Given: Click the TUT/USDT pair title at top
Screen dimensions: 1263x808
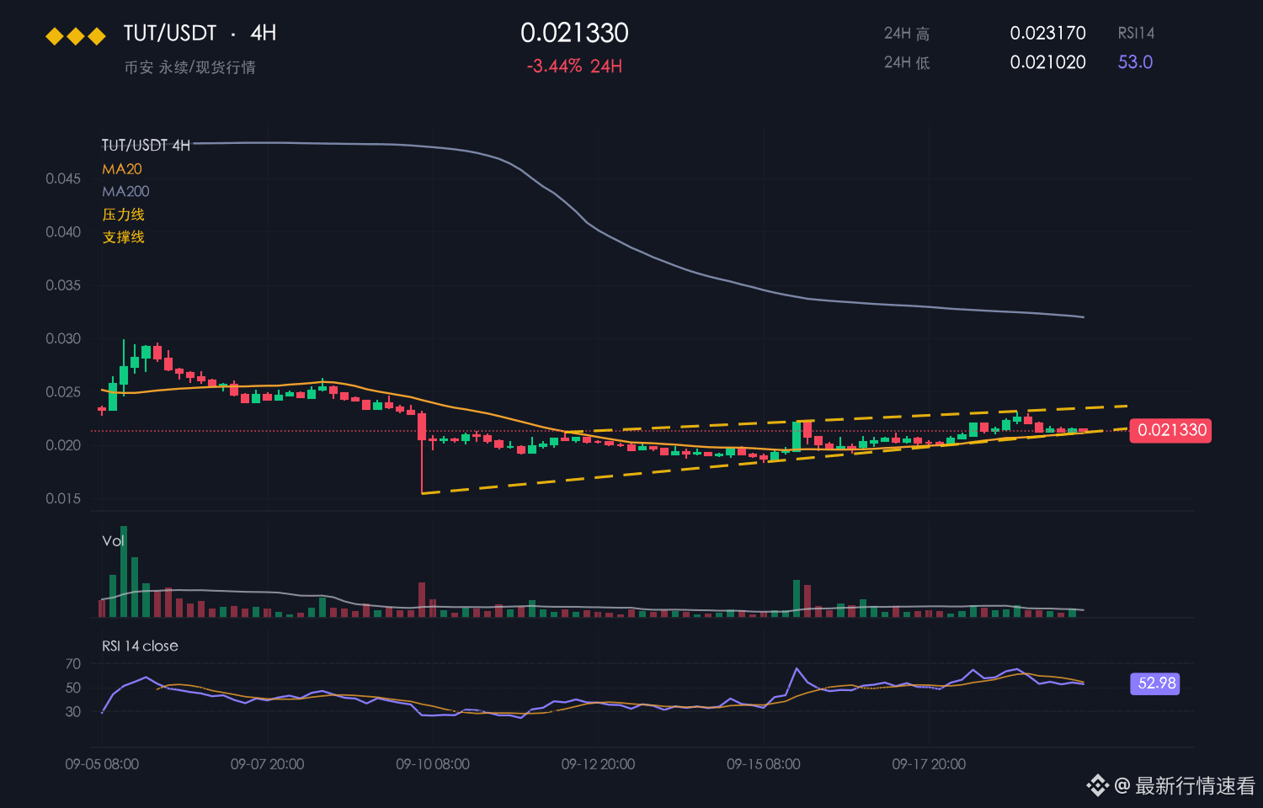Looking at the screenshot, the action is (170, 33).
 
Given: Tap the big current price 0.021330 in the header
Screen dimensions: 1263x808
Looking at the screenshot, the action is (574, 33).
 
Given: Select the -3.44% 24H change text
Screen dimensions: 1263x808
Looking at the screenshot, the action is (574, 66).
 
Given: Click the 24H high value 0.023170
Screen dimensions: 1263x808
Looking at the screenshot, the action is (1047, 33).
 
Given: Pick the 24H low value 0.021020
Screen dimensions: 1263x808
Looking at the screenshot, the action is (1047, 62).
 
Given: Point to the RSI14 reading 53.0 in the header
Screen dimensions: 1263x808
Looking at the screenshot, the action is (1135, 62).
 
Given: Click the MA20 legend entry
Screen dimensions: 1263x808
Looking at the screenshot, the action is (122, 169).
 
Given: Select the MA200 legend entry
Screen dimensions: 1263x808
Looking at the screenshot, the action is (125, 192).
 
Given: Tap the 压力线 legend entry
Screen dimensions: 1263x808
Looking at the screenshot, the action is (124, 215).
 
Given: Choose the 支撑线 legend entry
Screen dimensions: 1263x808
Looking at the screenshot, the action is (124, 237).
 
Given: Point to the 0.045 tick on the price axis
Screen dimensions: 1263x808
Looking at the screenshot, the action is (63, 178).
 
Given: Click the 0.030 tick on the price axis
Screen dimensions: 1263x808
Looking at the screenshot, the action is (63, 338).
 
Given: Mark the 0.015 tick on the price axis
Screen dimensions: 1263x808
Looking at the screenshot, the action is (63, 498).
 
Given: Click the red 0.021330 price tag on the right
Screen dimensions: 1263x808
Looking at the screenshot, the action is (1170, 430).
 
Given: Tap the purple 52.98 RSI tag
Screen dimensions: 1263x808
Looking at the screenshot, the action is (1155, 683).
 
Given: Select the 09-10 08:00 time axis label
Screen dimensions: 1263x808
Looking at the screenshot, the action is (433, 764).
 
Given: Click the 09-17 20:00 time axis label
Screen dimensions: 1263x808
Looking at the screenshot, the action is (929, 764).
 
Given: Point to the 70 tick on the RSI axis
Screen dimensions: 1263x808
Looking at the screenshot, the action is (72, 664).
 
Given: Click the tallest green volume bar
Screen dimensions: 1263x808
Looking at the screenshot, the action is (124, 571).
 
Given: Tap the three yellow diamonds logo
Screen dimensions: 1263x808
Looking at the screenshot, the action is (76, 36).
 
